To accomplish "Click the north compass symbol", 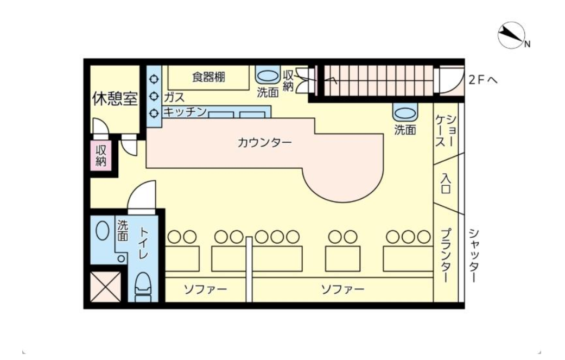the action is [x=511, y=35].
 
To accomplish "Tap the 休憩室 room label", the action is [x=115, y=98].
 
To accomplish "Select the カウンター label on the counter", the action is [x=264, y=143].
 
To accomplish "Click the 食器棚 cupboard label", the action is [x=208, y=77].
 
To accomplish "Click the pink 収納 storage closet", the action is [x=101, y=156].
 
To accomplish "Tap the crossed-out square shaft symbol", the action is [x=105, y=287].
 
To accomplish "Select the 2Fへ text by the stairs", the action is [x=483, y=80].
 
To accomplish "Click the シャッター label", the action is [x=473, y=256].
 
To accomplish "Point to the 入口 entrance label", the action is [x=446, y=184].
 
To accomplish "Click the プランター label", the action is [x=446, y=256].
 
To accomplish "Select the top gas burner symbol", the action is [x=154, y=79].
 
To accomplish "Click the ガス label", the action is [x=174, y=97].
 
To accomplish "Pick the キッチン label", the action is [x=185, y=112].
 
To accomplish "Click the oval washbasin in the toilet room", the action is [x=103, y=230].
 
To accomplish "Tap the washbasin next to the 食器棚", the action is [x=268, y=75].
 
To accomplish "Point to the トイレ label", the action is [x=143, y=243].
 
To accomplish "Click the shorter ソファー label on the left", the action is [x=206, y=289].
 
